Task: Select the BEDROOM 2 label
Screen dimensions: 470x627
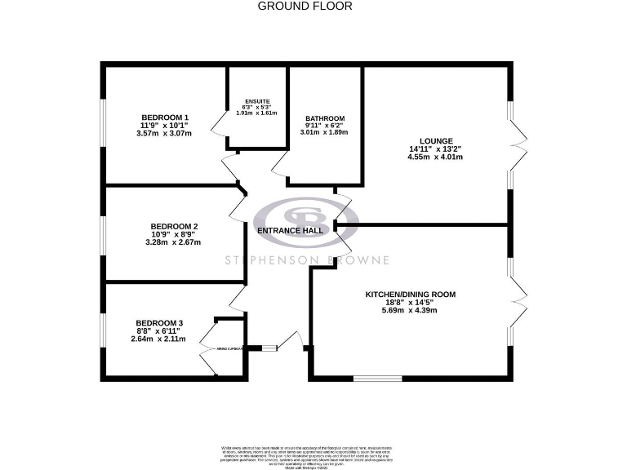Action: [174, 226]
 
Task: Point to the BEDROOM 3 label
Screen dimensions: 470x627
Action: [158, 323]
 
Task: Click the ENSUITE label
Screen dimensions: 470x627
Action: [257, 101]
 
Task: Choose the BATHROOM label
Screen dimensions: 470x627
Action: [324, 118]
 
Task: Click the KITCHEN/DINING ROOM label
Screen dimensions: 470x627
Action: [410, 294]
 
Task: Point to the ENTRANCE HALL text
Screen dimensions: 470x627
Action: [290, 231]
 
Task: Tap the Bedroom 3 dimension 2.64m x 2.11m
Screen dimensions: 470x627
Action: [158, 339]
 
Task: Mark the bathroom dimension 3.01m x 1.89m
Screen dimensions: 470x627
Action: [324, 132]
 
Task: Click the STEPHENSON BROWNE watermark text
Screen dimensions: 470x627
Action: [309, 260]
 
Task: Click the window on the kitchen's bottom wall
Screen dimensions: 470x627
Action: [377, 378]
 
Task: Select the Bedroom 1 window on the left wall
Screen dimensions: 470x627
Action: [103, 126]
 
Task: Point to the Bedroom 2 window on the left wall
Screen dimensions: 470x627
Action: [103, 234]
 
